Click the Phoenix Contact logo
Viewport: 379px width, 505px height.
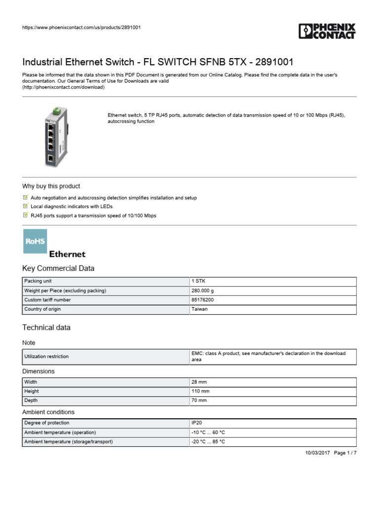327,31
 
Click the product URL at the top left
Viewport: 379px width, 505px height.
81,27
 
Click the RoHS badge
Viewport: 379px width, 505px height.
35,241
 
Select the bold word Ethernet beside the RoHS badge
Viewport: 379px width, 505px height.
67,254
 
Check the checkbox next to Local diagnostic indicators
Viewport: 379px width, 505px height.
26,206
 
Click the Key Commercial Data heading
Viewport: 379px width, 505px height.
58,268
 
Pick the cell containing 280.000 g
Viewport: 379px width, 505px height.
204,290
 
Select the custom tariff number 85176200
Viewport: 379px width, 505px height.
203,300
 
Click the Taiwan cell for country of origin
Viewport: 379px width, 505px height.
200,309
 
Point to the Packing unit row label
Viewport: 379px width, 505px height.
38,281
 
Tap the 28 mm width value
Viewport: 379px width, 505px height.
198,382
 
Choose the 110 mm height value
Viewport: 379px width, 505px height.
200,392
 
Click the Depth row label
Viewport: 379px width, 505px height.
31,401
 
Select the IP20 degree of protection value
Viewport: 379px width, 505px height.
196,423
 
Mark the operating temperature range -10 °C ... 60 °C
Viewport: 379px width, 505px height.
208,433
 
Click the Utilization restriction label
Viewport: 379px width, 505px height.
46,357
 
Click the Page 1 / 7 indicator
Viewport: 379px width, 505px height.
345,453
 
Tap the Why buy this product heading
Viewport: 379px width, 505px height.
51,186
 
